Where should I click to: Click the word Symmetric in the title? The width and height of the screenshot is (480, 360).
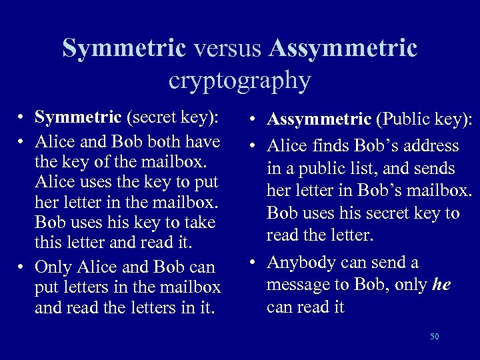pos(124,48)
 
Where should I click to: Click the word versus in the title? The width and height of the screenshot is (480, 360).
pos(227,48)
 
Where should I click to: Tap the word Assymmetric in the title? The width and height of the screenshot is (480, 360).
pos(343,48)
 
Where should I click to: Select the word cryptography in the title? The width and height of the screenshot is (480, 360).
pos(239,81)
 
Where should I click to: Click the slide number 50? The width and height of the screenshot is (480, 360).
pos(435,337)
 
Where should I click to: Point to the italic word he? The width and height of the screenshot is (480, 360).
pos(441,285)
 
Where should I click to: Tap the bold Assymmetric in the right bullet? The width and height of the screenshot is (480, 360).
pos(319,119)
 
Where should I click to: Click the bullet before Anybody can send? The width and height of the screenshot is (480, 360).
pos(255,263)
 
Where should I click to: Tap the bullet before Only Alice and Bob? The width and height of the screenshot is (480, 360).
pos(23,268)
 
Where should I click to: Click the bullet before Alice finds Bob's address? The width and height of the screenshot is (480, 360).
pos(255,146)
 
